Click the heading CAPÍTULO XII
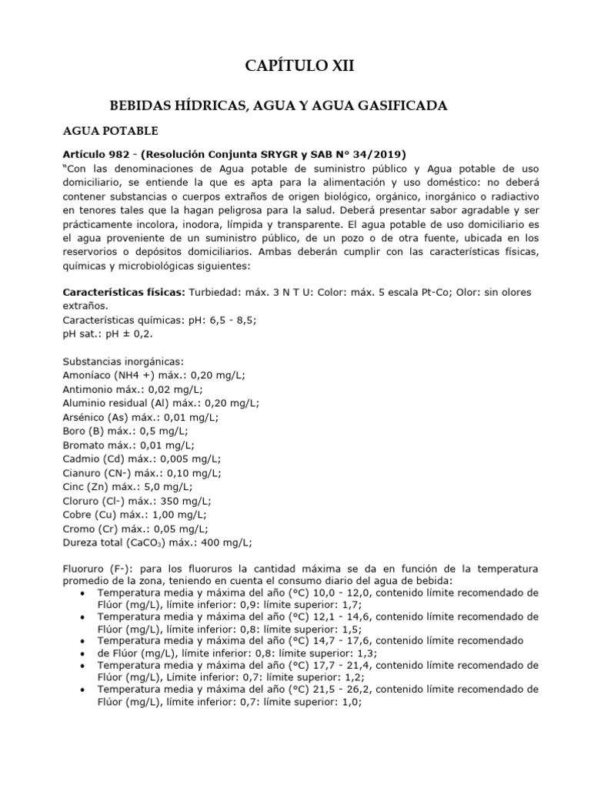pos(299,67)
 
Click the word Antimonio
pos(89,389)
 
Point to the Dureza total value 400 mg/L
pos(223,542)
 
